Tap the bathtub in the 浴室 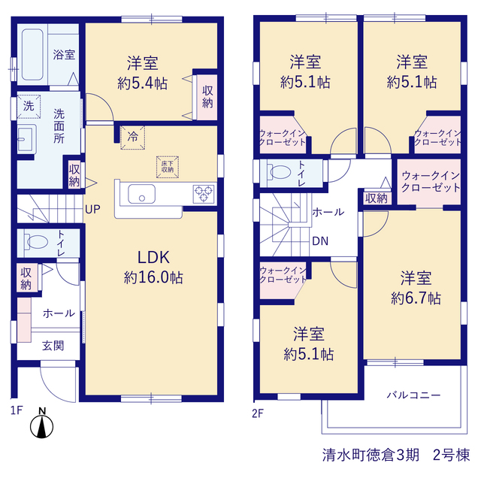[x=32, y=55]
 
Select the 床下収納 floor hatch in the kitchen [x=168, y=167]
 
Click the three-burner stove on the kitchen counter [x=204, y=194]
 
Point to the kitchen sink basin [x=141, y=194]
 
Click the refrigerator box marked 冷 [x=132, y=138]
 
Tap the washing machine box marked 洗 [x=29, y=107]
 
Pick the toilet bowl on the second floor [x=279, y=172]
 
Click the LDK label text [x=153, y=257]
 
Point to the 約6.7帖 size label [x=416, y=298]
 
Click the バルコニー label [x=413, y=395]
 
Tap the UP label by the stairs [x=92, y=210]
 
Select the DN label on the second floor [x=320, y=241]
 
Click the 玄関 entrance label [x=53, y=346]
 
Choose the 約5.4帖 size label [x=142, y=83]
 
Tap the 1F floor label [x=17, y=410]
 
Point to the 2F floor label [x=258, y=413]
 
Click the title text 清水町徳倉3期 [x=371, y=455]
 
